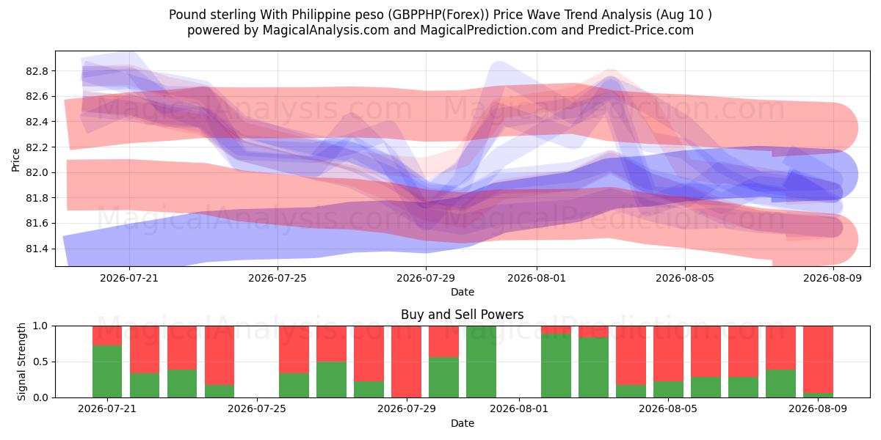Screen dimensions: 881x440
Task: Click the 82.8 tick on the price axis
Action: [x=37, y=71]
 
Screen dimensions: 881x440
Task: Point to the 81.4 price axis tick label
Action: [x=37, y=249]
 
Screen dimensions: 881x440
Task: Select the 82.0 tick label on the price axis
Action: [x=37, y=172]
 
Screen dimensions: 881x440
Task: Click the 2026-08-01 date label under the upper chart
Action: [x=537, y=278]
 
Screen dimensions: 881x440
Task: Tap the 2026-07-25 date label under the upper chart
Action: [x=278, y=278]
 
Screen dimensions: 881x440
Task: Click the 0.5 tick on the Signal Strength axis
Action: [x=41, y=362]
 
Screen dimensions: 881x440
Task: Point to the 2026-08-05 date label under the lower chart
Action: [x=668, y=408]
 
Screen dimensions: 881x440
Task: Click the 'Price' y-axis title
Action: [x=15, y=160]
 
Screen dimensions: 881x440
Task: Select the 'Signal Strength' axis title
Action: [x=21, y=362]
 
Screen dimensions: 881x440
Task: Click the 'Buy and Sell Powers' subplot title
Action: [x=462, y=315]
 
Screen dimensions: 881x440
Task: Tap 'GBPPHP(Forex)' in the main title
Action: [x=438, y=15]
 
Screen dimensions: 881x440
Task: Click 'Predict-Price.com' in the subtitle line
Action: [x=641, y=30]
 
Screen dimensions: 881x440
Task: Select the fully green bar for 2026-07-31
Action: [x=481, y=362]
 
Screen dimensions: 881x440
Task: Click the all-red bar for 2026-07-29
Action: [x=406, y=362]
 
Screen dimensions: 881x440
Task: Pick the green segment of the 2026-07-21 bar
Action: [x=107, y=371]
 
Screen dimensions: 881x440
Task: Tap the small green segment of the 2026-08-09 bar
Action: [x=818, y=395]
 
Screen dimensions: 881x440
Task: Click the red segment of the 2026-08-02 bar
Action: [x=556, y=329]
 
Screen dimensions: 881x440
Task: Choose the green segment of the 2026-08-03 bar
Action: [x=593, y=367]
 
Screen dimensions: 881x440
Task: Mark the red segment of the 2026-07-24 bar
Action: [x=220, y=355]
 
